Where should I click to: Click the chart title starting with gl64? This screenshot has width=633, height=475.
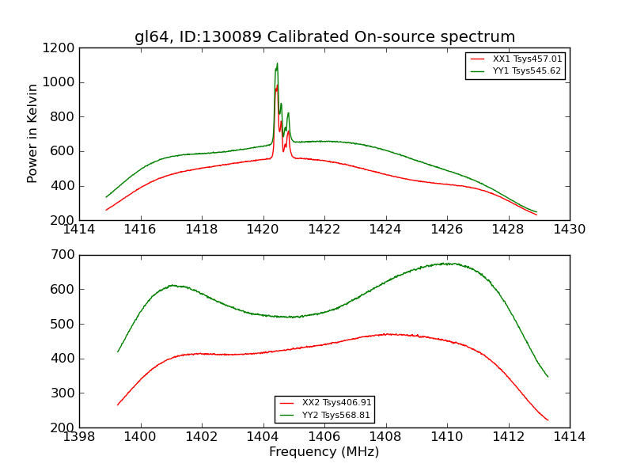coord(324,37)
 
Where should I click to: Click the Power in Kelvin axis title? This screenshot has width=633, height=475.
coord(32,133)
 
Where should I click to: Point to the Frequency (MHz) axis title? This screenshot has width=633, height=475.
coord(324,452)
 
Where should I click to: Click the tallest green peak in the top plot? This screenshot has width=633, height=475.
coord(277,63)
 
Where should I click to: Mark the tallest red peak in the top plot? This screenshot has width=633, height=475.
coord(277,85)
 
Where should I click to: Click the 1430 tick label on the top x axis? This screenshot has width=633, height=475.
coord(569,230)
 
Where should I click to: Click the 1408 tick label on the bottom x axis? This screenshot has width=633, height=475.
coord(385,437)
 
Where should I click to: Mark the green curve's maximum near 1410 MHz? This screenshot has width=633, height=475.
coord(447,264)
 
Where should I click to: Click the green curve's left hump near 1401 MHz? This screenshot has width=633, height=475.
coord(172,285)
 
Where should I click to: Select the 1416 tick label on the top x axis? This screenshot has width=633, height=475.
coord(141,230)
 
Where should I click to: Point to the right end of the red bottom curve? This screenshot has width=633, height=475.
coord(548,420)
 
